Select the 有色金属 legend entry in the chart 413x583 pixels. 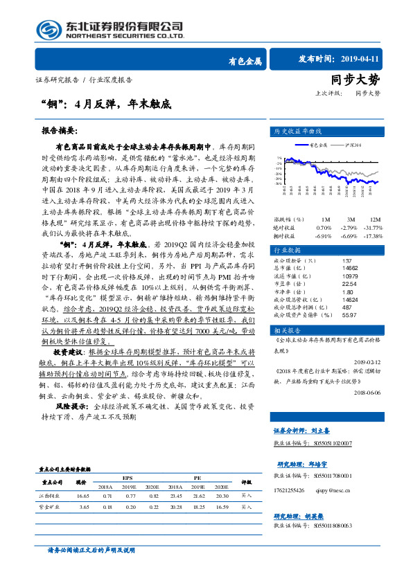[x=318, y=145]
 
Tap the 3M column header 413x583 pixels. [x=344, y=200]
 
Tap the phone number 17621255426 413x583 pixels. [x=290, y=488]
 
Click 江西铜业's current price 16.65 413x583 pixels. [x=83, y=496]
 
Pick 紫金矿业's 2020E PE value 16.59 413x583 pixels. [x=222, y=508]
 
